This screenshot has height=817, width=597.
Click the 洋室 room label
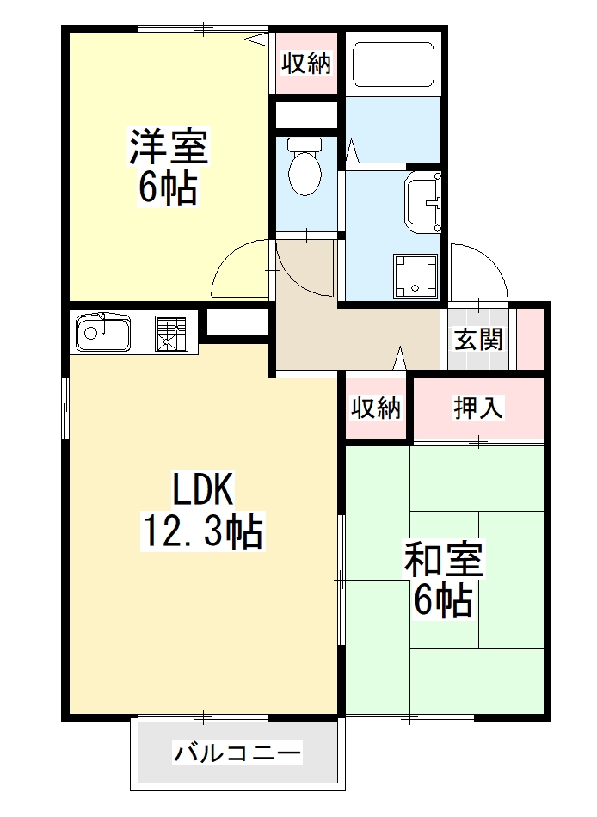pyautogui.click(x=169, y=146)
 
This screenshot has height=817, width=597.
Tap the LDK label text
pyautogui.click(x=203, y=490)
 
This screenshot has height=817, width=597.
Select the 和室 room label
pyautogui.click(x=444, y=560)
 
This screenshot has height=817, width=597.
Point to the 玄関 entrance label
pyautogui.click(x=478, y=340)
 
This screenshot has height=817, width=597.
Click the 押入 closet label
pyautogui.click(x=478, y=408)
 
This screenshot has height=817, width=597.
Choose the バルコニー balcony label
pyautogui.click(x=238, y=754)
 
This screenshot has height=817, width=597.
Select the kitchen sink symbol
pyautogui.click(x=102, y=333)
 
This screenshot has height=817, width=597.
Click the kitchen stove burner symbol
pyautogui.click(x=171, y=333)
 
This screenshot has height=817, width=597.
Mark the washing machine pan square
pyautogui.click(x=415, y=275)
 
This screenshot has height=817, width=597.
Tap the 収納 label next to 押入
pyautogui.click(x=377, y=408)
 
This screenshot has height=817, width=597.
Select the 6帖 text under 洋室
pyautogui.click(x=169, y=187)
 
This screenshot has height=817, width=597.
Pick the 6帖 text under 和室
pyautogui.click(x=444, y=600)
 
